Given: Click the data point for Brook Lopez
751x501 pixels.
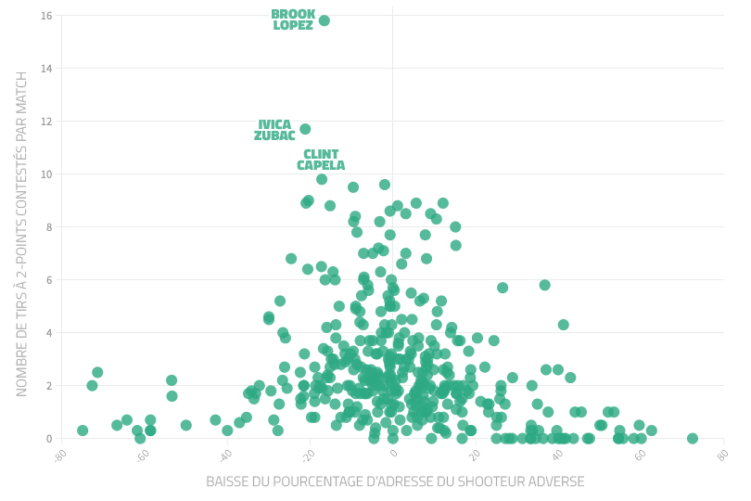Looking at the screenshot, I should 324,20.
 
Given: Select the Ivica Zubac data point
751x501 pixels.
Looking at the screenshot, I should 305,129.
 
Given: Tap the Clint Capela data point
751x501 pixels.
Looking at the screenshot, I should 322,179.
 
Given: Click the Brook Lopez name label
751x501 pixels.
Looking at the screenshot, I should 293,20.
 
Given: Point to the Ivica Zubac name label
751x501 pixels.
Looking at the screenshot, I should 274,131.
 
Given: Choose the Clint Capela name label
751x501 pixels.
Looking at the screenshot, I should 321,161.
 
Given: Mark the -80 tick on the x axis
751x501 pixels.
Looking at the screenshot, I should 60,455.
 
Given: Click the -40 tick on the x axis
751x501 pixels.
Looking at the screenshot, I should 225,455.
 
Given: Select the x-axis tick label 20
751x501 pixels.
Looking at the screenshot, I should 476,455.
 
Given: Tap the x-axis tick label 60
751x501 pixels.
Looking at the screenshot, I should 641,455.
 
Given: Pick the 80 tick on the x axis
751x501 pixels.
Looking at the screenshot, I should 723,455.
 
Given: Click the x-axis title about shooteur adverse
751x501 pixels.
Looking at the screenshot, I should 395,482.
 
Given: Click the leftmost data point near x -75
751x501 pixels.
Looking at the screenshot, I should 83,430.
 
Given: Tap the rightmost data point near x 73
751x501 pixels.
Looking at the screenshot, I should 693,439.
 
